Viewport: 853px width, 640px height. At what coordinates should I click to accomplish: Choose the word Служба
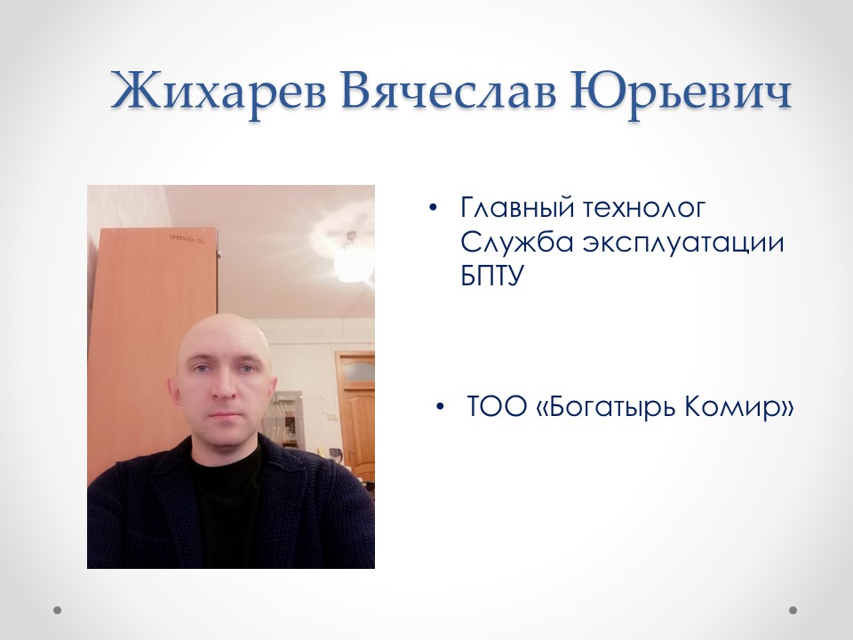(511, 243)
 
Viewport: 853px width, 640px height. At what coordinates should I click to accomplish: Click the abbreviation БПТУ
(490, 276)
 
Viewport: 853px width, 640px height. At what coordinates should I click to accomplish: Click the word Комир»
(738, 408)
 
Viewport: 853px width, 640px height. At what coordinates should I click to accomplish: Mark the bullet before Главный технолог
(433, 209)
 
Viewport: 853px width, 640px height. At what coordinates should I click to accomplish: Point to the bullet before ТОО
(440, 408)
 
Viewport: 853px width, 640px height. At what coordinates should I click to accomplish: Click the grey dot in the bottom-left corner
(58, 611)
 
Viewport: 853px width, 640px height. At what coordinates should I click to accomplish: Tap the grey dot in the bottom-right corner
(793, 611)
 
